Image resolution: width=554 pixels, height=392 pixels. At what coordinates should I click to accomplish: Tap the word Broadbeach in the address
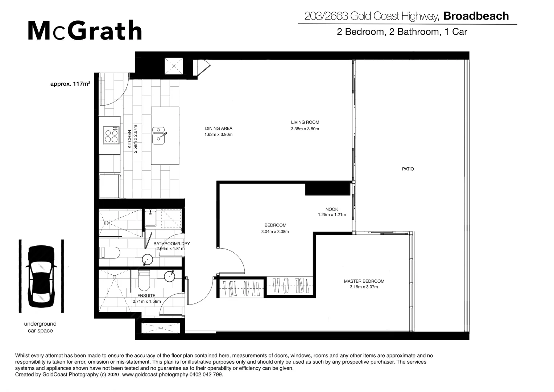click(476, 16)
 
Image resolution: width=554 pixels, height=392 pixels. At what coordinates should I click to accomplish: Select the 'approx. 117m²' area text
click(70, 84)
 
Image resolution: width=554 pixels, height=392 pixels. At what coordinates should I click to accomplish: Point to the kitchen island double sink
click(159, 134)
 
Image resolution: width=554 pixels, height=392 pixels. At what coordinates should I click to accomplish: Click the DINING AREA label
click(218, 128)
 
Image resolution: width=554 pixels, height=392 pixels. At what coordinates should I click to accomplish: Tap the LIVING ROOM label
click(305, 122)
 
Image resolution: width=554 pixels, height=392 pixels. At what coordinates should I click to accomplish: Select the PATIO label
click(408, 169)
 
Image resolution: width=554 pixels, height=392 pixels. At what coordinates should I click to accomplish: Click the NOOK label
click(331, 209)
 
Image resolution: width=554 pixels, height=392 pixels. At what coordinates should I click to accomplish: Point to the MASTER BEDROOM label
click(364, 281)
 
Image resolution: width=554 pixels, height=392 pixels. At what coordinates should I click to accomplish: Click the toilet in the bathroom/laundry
click(110, 253)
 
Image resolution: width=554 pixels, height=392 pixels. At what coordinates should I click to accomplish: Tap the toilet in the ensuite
click(144, 281)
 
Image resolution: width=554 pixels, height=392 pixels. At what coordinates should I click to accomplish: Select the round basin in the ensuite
click(170, 276)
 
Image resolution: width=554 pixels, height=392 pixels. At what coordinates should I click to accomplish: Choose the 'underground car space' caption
click(40, 327)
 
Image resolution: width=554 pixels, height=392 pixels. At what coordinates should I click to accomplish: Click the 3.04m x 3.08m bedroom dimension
click(275, 232)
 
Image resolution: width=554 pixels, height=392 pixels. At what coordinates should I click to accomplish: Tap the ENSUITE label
click(146, 296)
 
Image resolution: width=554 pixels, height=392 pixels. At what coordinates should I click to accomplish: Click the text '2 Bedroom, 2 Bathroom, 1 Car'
click(402, 32)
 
